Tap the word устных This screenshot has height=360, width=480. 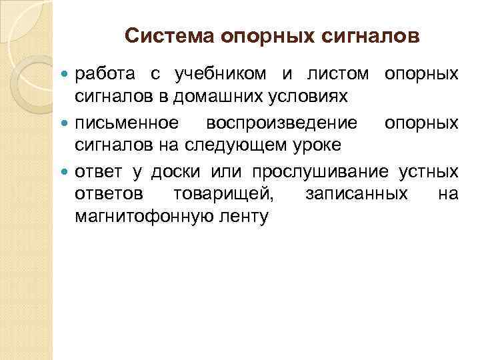click(429, 172)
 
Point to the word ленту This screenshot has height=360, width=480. click(247, 217)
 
